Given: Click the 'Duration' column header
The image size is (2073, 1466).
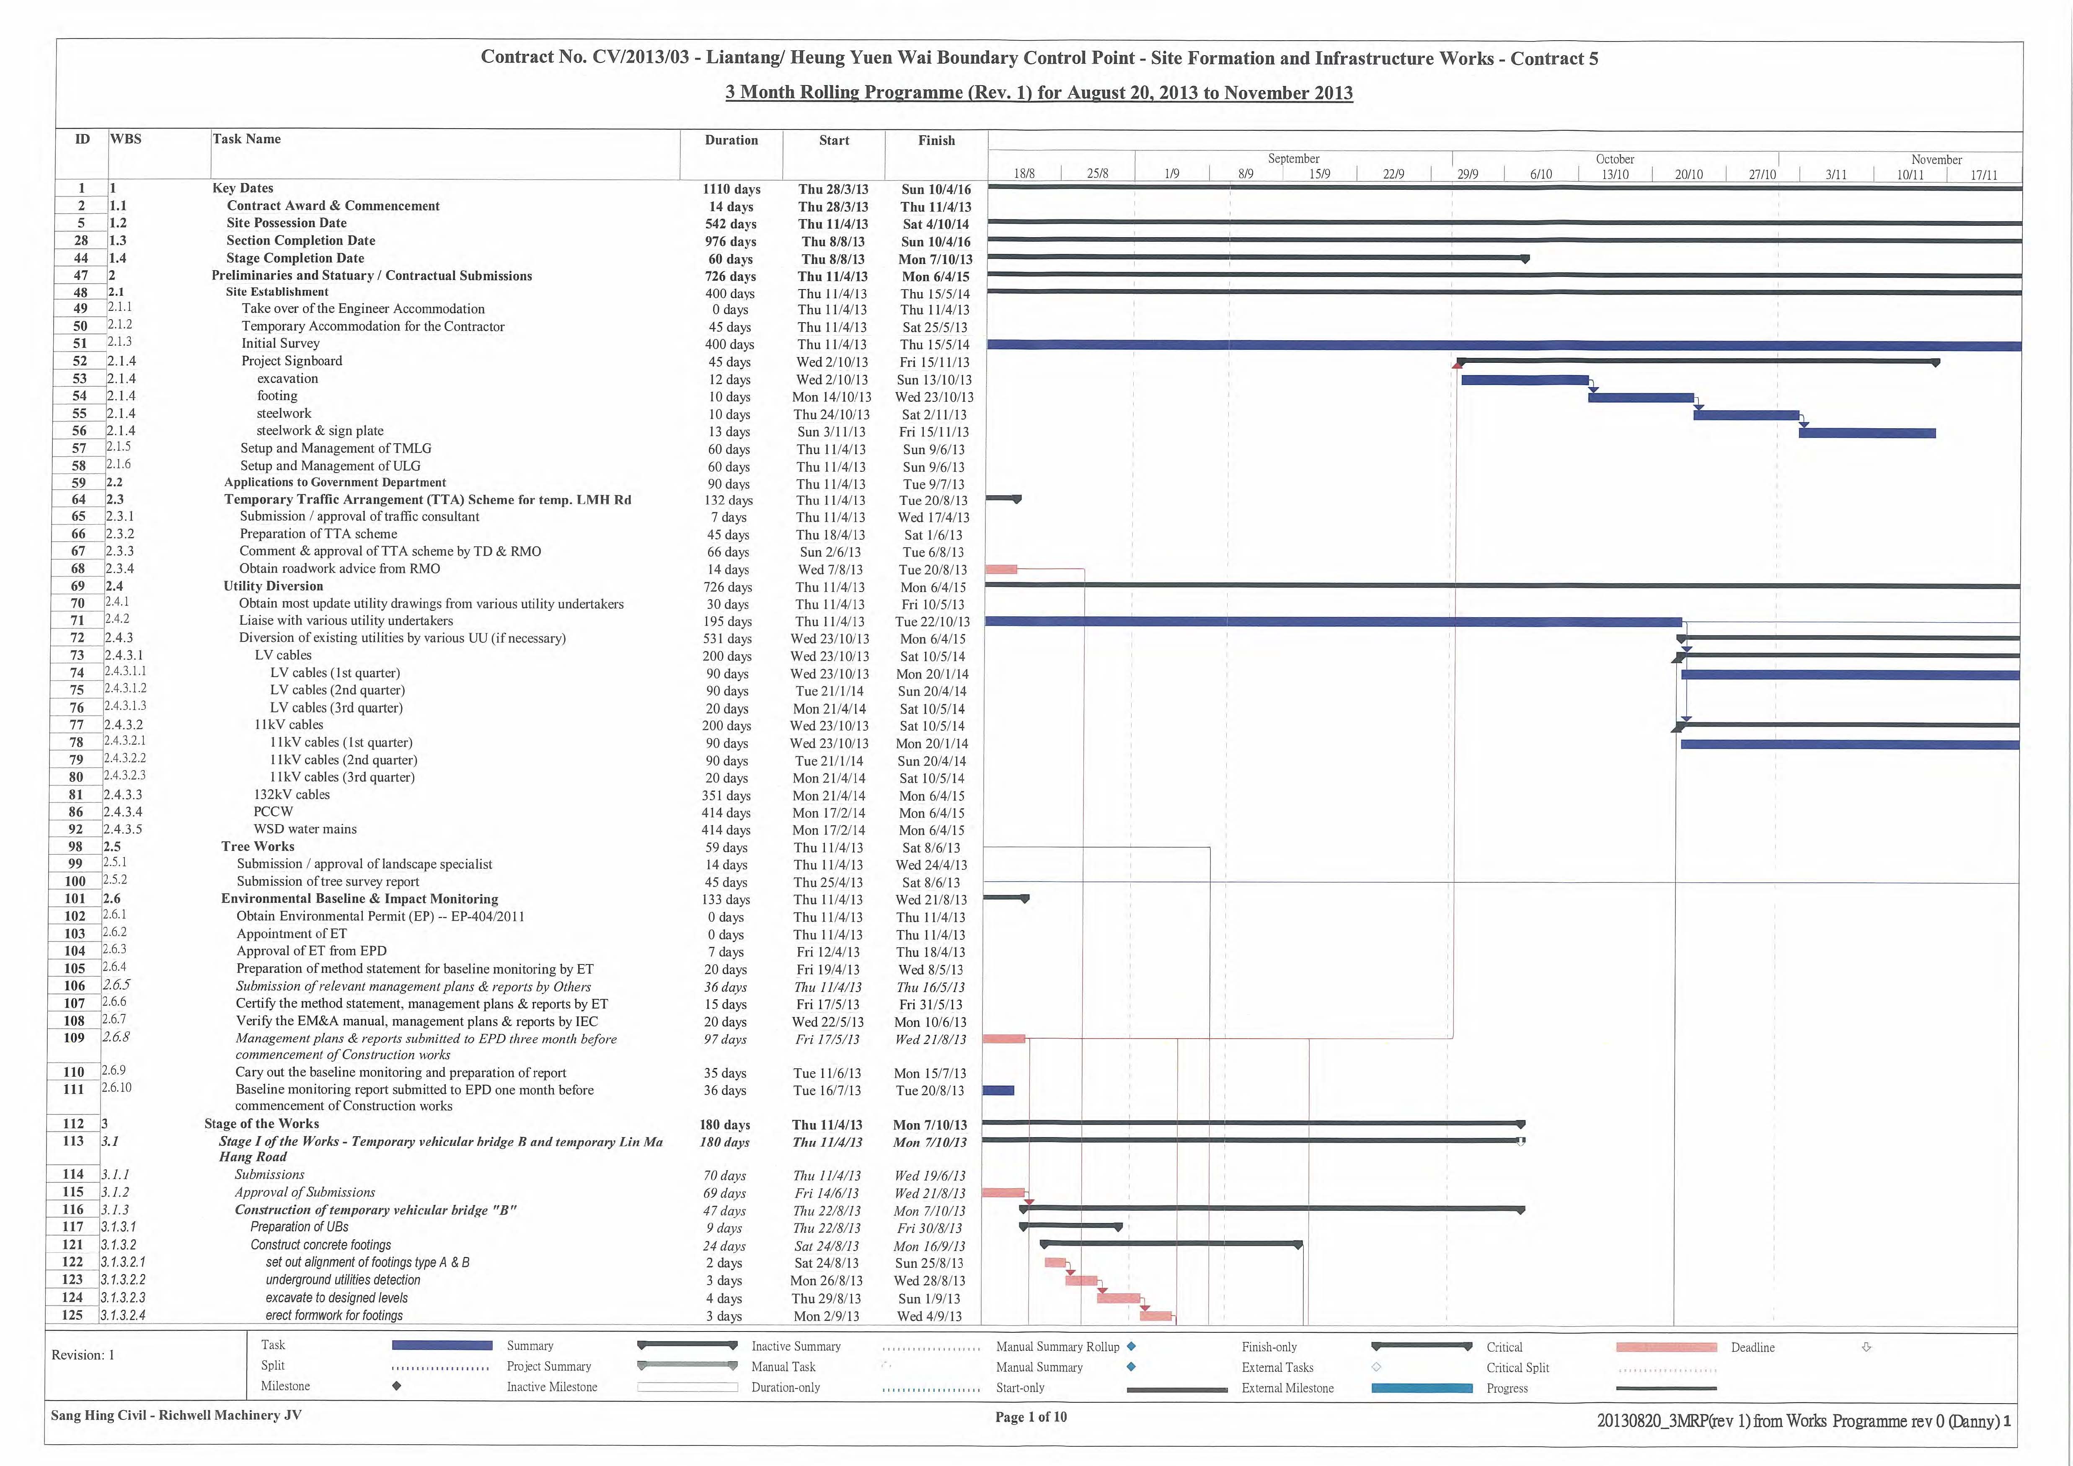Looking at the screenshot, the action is [x=731, y=140].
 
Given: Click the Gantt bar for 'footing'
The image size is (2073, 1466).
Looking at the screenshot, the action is [x=1641, y=397].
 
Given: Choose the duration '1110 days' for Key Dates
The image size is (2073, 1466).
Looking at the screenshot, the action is [x=731, y=189].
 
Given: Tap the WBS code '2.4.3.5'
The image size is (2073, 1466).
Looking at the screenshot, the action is [x=123, y=829].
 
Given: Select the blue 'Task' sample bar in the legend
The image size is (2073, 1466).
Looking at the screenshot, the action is [x=442, y=1345].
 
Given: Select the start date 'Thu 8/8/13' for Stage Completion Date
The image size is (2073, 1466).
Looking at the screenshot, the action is [x=832, y=259].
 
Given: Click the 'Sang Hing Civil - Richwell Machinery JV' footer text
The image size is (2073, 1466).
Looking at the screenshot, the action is [x=176, y=1415].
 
